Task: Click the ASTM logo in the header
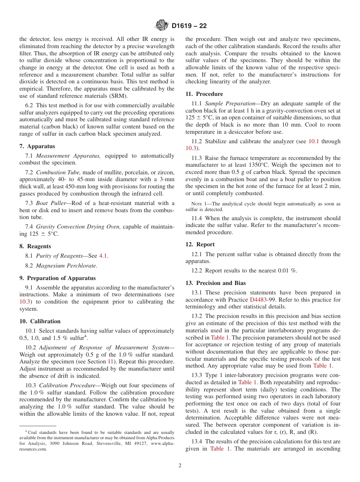[x=162, y=26]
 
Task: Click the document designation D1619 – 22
[x=189, y=26]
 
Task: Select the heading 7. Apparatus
[x=37, y=146]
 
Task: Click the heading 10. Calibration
[x=40, y=321]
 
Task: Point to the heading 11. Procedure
[x=204, y=94]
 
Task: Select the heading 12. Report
[x=200, y=244]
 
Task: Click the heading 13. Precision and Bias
[x=215, y=283]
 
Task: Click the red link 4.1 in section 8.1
[x=103, y=256]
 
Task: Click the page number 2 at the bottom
[x=180, y=466]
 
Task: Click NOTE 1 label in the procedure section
[x=193, y=204]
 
